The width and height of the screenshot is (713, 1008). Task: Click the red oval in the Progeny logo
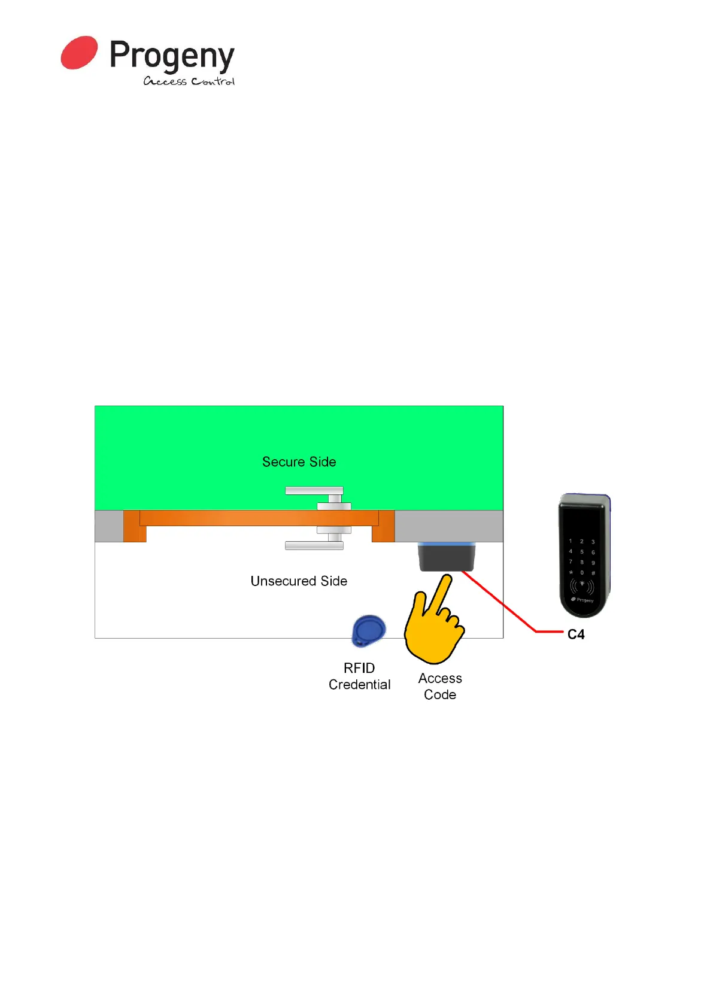[x=79, y=53]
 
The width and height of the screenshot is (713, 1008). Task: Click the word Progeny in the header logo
[x=172, y=57]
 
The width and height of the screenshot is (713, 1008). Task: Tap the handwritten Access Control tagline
[x=189, y=81]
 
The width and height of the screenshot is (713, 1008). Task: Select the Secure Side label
[x=299, y=462]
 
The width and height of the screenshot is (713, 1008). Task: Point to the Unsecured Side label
[x=299, y=581]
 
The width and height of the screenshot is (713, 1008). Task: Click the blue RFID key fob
[x=368, y=630]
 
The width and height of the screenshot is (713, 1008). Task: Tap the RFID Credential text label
[x=359, y=676]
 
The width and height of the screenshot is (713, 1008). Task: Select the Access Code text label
[x=440, y=687]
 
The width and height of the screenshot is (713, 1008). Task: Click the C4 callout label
[x=576, y=634]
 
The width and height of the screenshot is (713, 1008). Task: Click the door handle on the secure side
[x=314, y=491]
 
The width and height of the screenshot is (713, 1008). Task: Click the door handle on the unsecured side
[x=314, y=545]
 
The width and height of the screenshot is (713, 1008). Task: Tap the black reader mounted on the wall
[x=446, y=557]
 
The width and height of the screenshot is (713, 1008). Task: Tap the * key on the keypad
[x=571, y=573]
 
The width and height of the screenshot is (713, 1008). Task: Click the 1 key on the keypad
[x=571, y=541]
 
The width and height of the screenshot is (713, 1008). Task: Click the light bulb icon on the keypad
[x=581, y=584]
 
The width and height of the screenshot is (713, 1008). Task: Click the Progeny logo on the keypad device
[x=582, y=600]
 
